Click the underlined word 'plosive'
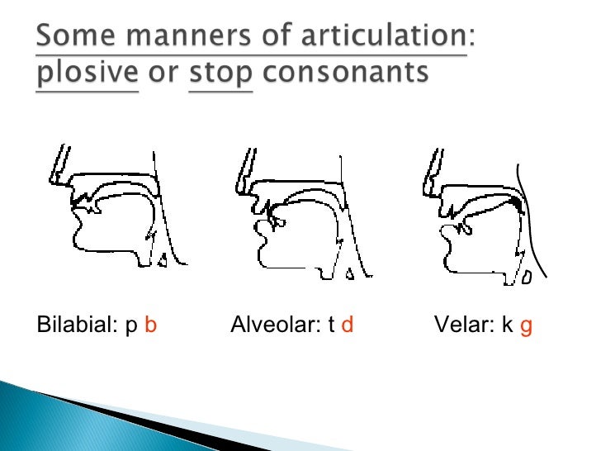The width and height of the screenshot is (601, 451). tap(87, 75)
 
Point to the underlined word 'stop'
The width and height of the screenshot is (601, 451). tap(220, 75)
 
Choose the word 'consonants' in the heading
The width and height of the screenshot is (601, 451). tap(346, 75)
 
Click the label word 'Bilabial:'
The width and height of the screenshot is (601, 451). tap(71, 325)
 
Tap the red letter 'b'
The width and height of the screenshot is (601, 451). tap(150, 325)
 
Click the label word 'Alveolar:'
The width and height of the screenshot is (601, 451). tap(273, 325)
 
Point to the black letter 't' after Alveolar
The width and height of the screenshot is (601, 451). tap(330, 325)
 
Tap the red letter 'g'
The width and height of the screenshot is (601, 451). tap(526, 327)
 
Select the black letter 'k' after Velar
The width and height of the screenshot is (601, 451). tap(508, 325)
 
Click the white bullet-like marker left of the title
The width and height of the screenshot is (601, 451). tap(21, 38)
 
